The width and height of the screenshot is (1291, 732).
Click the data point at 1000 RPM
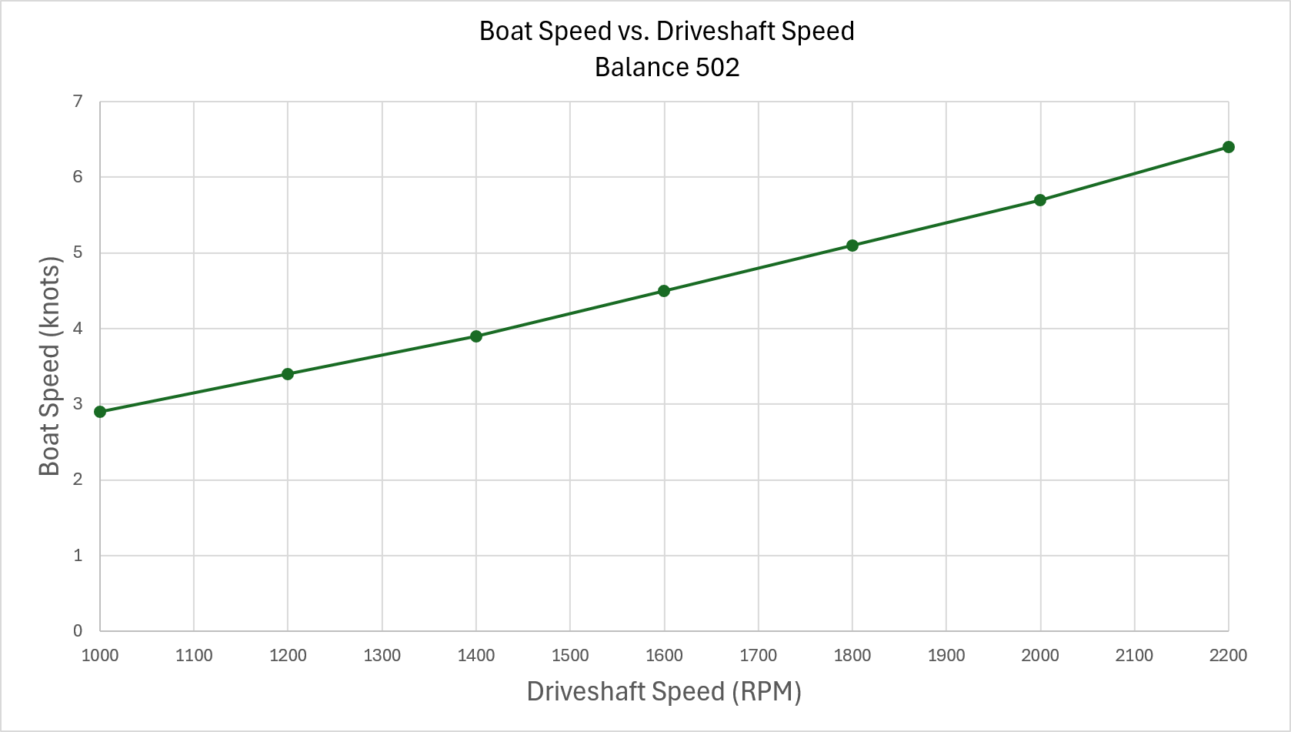tap(100, 412)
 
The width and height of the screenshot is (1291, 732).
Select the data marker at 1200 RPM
tap(288, 374)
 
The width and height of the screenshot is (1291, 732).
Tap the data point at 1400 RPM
tap(476, 336)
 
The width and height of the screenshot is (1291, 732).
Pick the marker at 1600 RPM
tap(664, 291)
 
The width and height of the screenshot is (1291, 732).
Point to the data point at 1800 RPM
tap(852, 246)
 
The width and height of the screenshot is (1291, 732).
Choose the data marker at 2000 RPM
tap(1040, 200)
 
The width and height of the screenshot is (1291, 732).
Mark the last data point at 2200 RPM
tap(1228, 147)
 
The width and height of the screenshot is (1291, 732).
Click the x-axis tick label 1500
tap(570, 656)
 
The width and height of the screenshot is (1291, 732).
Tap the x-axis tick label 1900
tap(946, 656)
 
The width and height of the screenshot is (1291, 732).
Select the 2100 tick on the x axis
tap(1134, 656)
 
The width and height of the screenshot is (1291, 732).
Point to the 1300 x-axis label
tap(382, 656)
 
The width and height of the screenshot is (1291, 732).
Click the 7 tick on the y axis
tap(78, 102)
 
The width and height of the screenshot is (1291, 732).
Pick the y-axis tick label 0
tap(78, 631)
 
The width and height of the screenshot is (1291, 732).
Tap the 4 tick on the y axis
tap(78, 329)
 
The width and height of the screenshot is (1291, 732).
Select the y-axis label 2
tap(78, 480)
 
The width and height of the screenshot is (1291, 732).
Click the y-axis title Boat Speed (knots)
tap(49, 366)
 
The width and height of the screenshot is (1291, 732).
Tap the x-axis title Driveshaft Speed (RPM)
tap(664, 691)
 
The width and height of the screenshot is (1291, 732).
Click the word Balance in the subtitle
tap(642, 68)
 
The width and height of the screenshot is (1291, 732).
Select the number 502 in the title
tap(717, 68)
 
